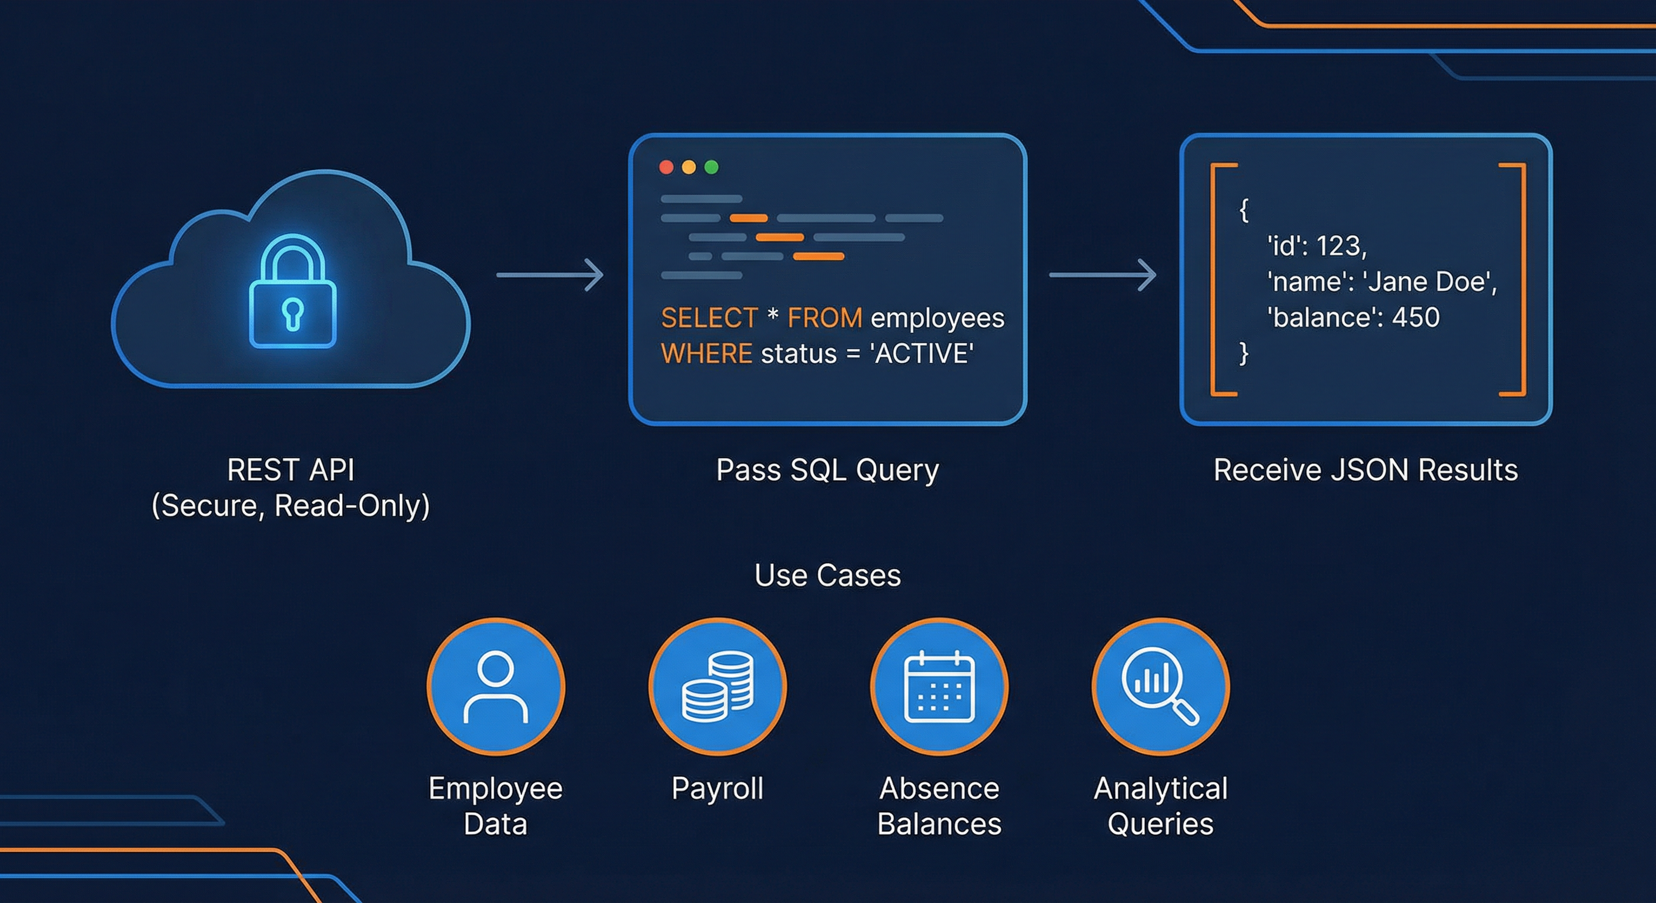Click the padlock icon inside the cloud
(x=292, y=292)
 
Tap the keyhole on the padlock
(x=292, y=315)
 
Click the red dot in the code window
(x=666, y=167)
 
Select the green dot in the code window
(x=711, y=167)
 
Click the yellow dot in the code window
(x=689, y=167)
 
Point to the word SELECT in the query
(x=709, y=318)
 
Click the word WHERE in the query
(x=706, y=354)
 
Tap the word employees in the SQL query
(x=937, y=318)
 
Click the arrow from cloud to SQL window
(x=550, y=275)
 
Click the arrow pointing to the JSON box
(x=1103, y=275)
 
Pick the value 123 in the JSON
(x=1340, y=246)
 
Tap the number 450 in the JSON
(x=1415, y=317)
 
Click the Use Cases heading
(x=827, y=575)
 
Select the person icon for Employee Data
(x=496, y=687)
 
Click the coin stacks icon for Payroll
(x=717, y=687)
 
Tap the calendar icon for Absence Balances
(x=939, y=687)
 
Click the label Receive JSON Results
(x=1365, y=470)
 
